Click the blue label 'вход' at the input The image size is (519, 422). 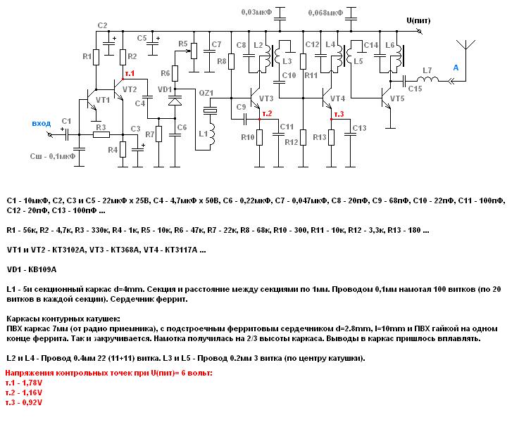click(x=42, y=123)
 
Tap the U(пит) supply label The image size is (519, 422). click(x=420, y=20)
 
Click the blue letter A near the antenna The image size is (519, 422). click(x=456, y=68)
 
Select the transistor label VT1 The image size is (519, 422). click(x=103, y=100)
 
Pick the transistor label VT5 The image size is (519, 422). click(x=397, y=98)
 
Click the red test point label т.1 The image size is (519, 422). click(x=130, y=73)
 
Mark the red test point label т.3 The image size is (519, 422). click(x=339, y=114)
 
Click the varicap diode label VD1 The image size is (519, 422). click(x=164, y=89)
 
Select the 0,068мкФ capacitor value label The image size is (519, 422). click(x=326, y=13)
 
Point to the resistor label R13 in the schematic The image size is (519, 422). click(x=319, y=137)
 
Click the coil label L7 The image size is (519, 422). click(x=427, y=70)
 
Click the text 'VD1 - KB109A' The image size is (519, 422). click(x=31, y=269)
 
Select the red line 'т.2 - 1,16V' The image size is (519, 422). click(x=24, y=392)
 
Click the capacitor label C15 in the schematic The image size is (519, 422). click(x=415, y=89)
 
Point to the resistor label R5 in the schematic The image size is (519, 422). click(x=184, y=44)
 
